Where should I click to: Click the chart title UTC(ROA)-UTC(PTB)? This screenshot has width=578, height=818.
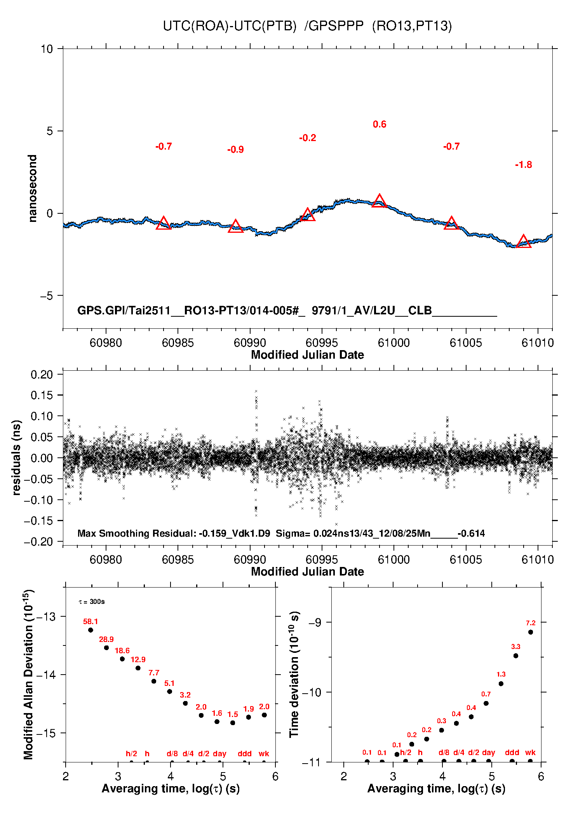click(230, 26)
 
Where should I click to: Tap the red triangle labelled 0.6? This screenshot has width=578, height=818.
click(380, 201)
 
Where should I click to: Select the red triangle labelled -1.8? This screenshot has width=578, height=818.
click(524, 241)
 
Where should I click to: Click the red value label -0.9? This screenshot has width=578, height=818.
click(235, 150)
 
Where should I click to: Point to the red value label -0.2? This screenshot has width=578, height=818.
click(308, 138)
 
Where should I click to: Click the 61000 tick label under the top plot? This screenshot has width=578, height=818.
click(394, 343)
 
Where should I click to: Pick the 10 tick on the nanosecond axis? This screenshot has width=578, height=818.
click(47, 49)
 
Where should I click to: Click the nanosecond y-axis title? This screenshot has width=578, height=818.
click(32, 188)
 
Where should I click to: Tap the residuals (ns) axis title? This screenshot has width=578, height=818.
click(16, 457)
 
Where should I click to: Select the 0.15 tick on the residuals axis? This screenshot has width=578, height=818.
click(42, 395)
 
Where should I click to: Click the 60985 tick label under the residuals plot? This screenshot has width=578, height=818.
click(178, 560)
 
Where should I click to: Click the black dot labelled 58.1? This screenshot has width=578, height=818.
click(91, 630)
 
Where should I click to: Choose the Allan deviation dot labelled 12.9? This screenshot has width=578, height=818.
click(138, 668)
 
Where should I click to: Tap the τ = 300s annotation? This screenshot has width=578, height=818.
click(92, 602)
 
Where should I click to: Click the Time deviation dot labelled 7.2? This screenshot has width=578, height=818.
click(531, 632)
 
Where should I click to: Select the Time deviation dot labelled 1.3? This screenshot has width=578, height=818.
click(501, 684)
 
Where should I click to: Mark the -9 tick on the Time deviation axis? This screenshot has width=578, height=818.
click(315, 623)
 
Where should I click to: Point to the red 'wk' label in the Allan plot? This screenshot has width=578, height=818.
click(264, 753)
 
